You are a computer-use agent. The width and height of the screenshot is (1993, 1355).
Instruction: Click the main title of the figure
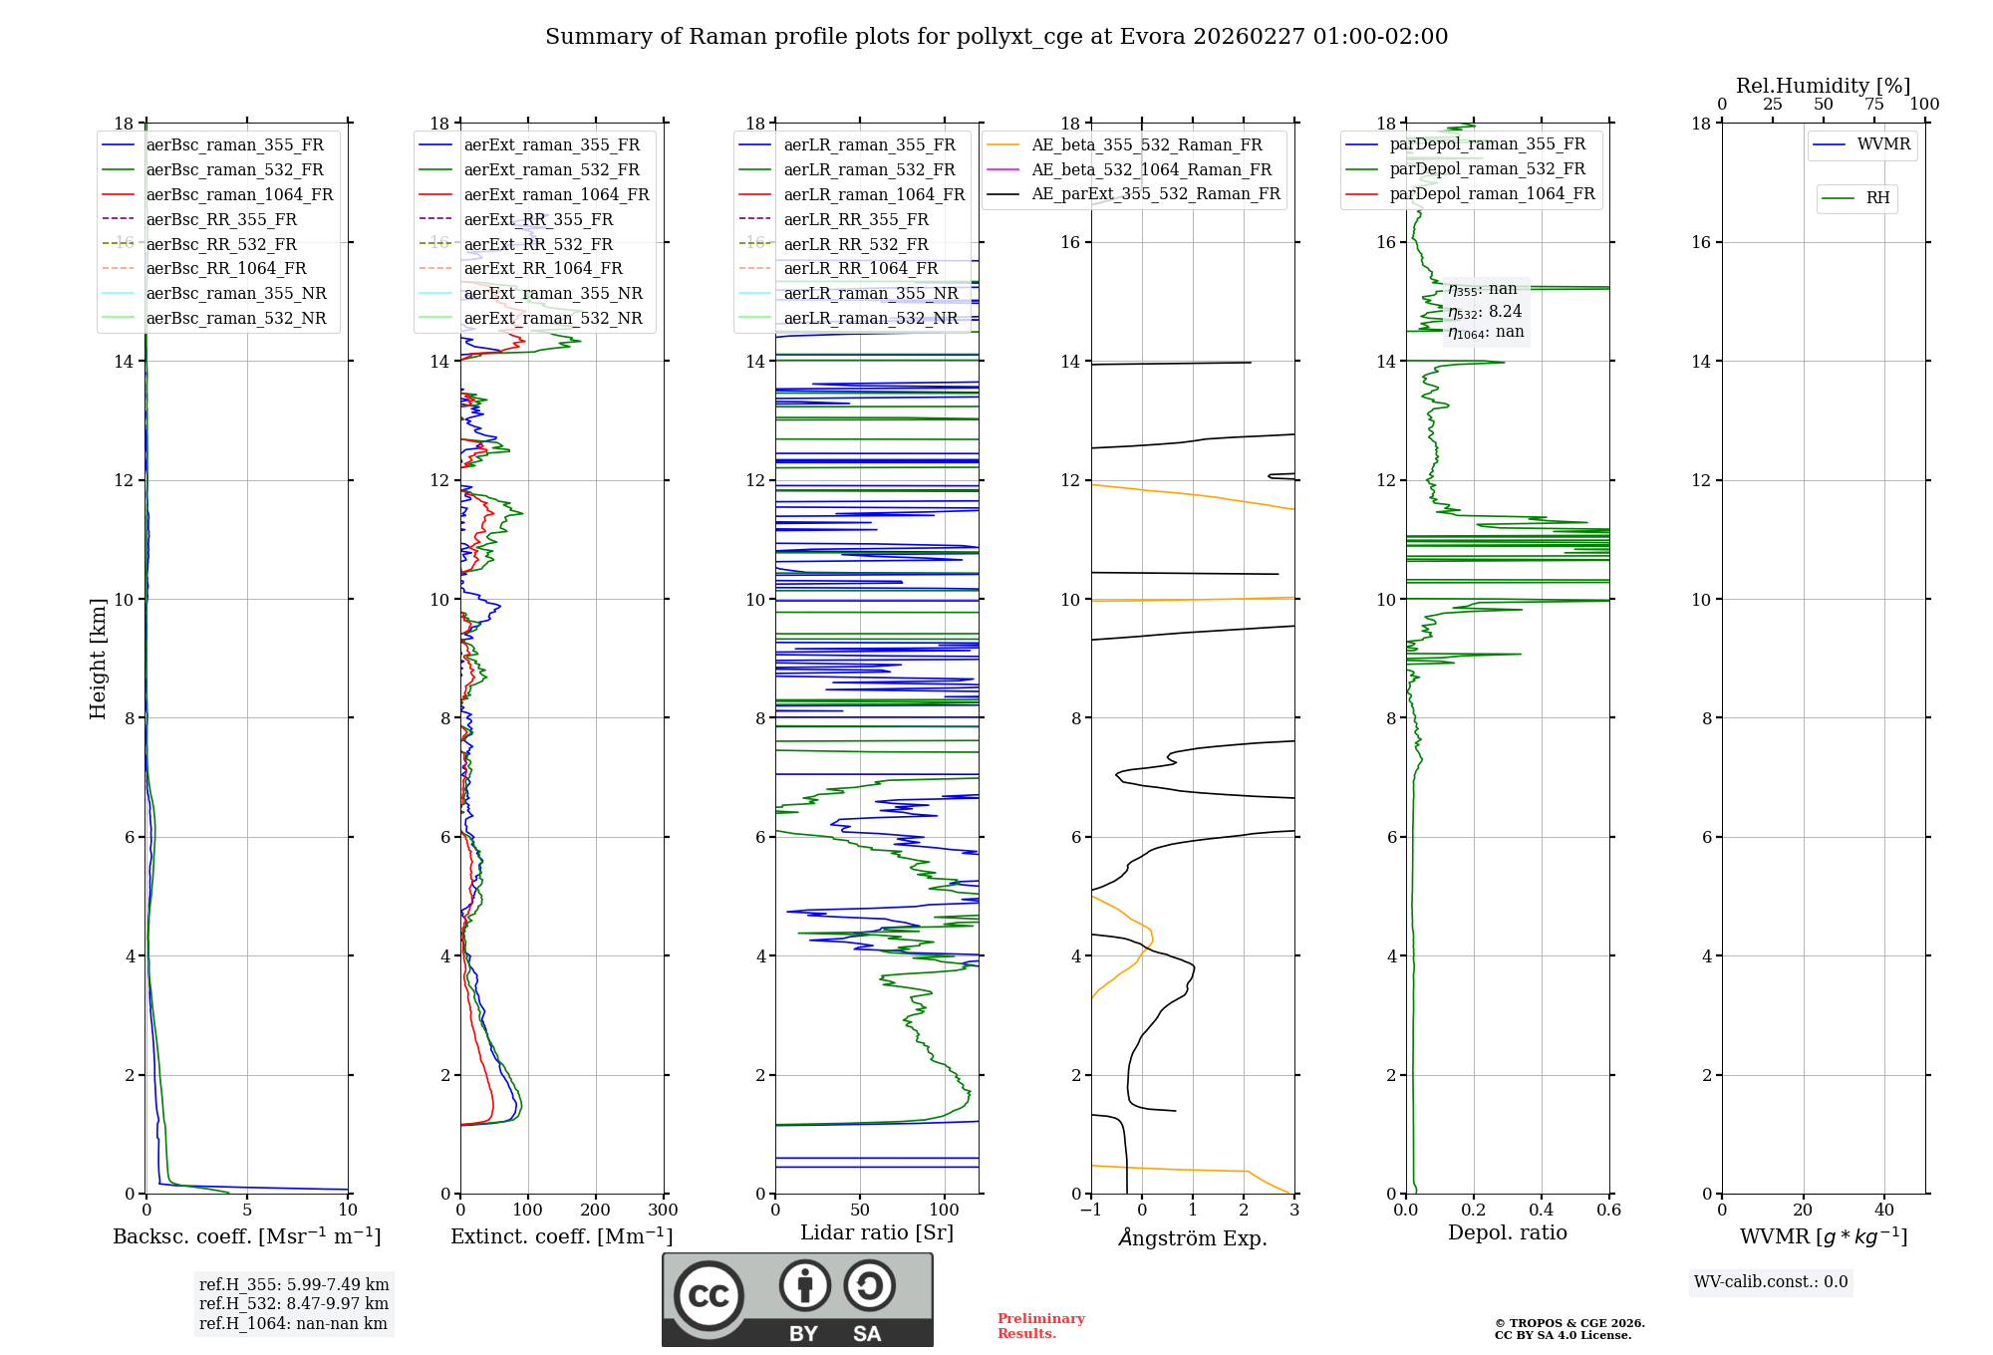tap(996, 37)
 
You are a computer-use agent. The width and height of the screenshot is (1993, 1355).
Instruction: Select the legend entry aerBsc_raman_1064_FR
tap(239, 194)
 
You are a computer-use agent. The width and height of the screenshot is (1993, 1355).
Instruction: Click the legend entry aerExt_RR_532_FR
tap(538, 244)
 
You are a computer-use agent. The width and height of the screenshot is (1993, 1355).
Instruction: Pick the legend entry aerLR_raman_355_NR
tap(870, 293)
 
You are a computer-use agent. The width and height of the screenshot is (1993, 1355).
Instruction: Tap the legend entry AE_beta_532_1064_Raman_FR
tap(1151, 169)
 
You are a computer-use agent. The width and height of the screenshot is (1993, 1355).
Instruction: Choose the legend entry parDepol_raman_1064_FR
tap(1492, 193)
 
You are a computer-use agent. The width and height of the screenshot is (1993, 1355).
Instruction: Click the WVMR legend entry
tap(1883, 144)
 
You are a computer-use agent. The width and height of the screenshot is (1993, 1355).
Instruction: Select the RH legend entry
tap(1877, 198)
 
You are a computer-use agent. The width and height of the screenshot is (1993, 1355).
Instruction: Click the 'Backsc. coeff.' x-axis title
tap(247, 1236)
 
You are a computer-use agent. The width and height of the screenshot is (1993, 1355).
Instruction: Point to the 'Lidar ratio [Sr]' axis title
tap(877, 1232)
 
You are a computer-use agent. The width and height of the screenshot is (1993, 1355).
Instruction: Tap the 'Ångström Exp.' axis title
tap(1193, 1237)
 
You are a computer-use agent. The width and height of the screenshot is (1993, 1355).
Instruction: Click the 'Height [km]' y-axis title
tap(98, 658)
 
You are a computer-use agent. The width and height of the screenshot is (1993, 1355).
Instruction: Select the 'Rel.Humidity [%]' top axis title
tap(1823, 86)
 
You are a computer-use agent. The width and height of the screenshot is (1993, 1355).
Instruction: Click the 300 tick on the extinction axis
tap(663, 1211)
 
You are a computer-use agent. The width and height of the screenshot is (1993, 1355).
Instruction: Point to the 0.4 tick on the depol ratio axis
tap(1542, 1211)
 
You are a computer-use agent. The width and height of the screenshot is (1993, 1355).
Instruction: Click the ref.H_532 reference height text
tap(294, 1303)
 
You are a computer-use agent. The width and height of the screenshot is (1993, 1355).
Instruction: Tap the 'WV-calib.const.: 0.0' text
tap(1771, 1282)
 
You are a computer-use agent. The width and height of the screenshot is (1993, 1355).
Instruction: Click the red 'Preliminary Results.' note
tap(1040, 1326)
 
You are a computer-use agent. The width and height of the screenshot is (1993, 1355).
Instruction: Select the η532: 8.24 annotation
tap(1485, 311)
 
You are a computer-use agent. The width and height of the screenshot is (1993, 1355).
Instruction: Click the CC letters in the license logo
tap(709, 1296)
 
